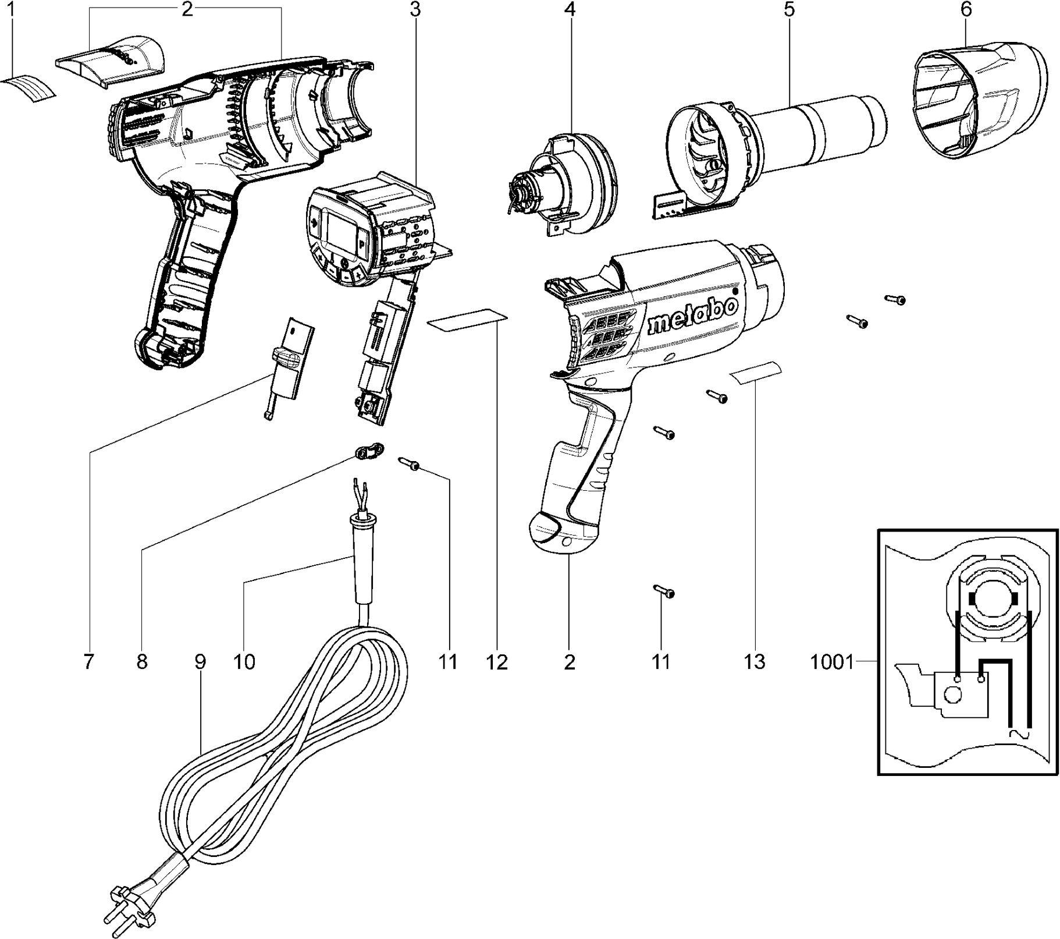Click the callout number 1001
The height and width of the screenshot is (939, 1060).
click(831, 662)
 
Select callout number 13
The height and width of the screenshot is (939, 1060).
click(754, 662)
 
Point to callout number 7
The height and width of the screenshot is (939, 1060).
click(88, 662)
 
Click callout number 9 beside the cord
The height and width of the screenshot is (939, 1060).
click(200, 662)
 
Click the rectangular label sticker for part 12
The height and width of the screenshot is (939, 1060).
click(467, 319)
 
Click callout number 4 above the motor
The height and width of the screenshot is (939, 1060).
click(570, 10)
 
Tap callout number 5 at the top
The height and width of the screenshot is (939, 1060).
click(789, 10)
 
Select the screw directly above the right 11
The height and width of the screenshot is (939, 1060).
click(664, 591)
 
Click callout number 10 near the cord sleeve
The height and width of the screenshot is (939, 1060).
click(244, 662)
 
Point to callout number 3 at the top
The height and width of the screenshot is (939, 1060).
click(414, 10)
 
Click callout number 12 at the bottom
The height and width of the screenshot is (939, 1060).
click(497, 662)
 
